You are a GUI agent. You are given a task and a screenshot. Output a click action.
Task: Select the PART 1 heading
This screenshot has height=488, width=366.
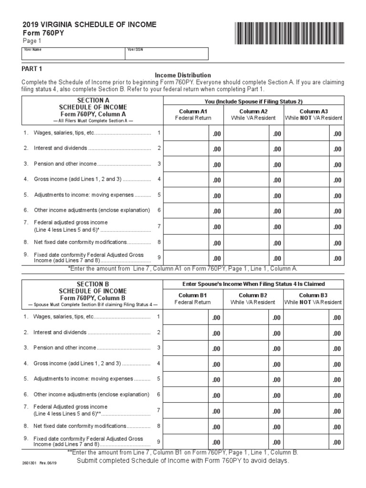click(x=32, y=69)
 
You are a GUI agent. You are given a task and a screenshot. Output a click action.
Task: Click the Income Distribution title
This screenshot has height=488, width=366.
click(x=183, y=75)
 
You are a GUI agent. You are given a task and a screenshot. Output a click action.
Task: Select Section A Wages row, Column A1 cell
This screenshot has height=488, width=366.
click(x=193, y=134)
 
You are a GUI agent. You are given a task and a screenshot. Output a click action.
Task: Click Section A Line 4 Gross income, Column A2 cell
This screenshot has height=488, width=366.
click(x=253, y=180)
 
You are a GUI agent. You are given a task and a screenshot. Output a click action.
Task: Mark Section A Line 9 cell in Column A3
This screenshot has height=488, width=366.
click(x=313, y=258)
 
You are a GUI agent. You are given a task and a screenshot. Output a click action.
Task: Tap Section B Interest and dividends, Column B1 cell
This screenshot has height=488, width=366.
click(x=193, y=333)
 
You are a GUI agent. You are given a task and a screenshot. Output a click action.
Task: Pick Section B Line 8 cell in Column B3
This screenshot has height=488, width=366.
click(x=313, y=427)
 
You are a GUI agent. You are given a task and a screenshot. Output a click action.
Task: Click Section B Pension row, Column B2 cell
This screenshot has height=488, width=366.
click(x=253, y=348)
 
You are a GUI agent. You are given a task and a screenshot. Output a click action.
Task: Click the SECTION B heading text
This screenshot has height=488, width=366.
click(x=93, y=284)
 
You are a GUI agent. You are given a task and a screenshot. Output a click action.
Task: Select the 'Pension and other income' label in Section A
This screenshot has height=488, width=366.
click(x=65, y=164)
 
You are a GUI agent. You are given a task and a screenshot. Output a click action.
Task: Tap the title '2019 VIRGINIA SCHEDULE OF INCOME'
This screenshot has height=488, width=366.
click(x=89, y=24)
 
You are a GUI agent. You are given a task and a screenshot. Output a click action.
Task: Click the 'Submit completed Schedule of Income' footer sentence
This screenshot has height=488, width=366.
click(x=183, y=461)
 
